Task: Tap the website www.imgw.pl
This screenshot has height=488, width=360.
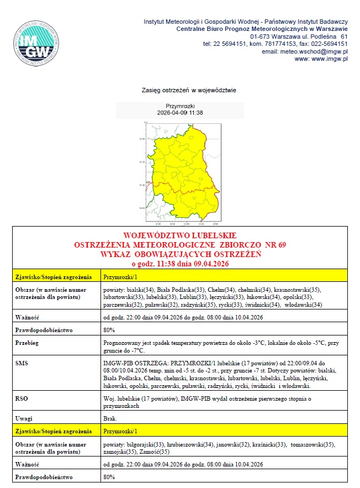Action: point(329,59)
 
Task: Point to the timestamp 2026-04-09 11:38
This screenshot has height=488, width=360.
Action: point(180,112)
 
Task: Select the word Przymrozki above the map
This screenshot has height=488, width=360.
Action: point(180,105)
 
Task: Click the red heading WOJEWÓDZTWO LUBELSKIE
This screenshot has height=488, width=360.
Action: point(180,236)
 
